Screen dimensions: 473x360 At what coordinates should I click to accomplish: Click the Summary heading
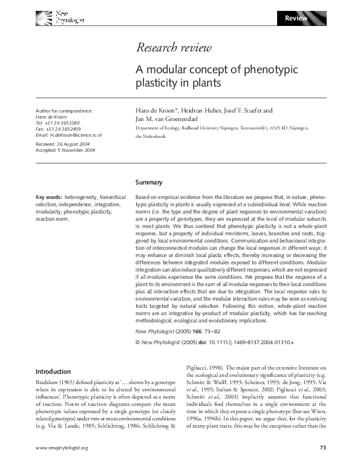click(149, 182)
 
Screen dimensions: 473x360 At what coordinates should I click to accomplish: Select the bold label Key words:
click(49, 197)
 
